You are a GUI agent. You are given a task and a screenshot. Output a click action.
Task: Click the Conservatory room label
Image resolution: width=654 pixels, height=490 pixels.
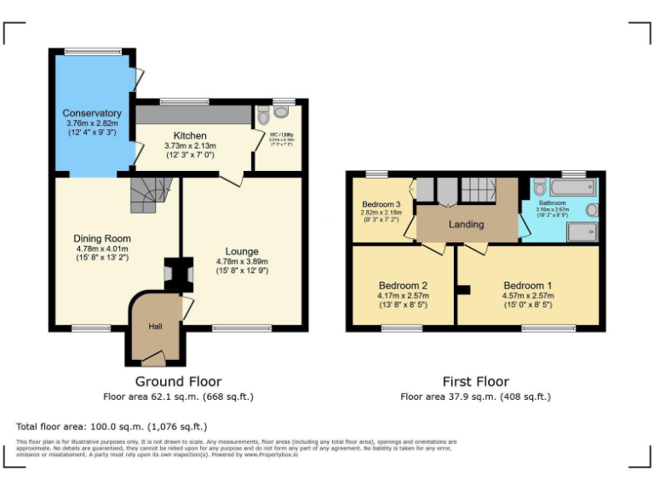[92, 113]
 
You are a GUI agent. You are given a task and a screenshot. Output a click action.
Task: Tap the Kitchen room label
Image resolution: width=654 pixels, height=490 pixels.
[190, 136]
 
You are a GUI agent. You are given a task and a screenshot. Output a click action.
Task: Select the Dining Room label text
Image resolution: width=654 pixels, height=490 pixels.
[101, 238]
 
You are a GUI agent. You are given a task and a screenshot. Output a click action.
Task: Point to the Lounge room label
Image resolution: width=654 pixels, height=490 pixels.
[242, 251]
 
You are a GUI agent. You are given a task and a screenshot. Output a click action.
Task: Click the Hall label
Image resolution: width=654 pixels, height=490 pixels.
[155, 326]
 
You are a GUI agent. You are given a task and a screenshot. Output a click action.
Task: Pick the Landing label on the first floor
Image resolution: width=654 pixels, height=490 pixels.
[466, 225]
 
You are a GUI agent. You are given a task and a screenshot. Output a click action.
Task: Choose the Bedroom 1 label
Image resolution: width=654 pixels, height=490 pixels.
[527, 285]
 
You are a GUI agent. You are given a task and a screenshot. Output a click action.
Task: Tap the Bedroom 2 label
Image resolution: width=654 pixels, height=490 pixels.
[403, 285]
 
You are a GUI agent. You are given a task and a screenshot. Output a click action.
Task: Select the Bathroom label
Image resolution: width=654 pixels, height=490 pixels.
[552, 203]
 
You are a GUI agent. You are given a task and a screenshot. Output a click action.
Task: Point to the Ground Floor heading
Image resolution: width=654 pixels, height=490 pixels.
[178, 382]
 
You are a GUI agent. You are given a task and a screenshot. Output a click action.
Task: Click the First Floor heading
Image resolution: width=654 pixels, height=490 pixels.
[475, 382]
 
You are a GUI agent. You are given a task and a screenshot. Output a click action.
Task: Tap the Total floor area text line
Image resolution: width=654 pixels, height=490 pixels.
[112, 426]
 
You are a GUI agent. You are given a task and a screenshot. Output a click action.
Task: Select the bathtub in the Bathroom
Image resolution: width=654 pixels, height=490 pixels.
[567, 186]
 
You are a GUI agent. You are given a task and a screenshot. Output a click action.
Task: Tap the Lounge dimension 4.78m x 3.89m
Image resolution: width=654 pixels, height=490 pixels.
[242, 261]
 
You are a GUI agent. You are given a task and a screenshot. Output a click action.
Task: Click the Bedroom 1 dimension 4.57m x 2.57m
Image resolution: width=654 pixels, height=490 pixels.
[527, 296]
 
